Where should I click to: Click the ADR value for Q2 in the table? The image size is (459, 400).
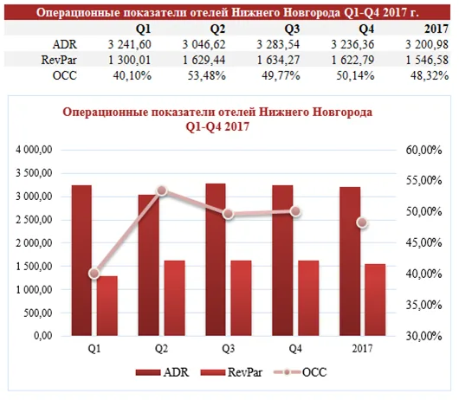(x=204, y=44)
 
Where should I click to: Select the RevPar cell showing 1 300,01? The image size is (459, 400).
(x=129, y=60)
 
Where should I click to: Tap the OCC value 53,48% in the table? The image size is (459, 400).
(x=207, y=75)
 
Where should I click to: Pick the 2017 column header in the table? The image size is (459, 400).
(x=436, y=29)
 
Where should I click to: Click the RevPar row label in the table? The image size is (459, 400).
(x=59, y=60)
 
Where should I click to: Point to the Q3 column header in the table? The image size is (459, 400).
(x=293, y=29)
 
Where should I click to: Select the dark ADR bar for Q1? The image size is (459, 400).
(x=81, y=260)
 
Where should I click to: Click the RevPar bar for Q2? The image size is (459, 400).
(x=174, y=298)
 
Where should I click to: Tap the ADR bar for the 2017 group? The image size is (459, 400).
(x=350, y=261)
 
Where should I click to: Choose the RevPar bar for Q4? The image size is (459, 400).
(x=308, y=298)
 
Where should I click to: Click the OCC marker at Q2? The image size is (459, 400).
(x=162, y=190)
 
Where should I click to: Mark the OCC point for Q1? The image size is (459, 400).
(x=94, y=274)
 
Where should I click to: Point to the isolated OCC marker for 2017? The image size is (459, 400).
(x=362, y=223)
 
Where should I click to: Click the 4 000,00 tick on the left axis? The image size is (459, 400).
(x=34, y=150)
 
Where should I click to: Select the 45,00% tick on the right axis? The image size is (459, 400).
(x=423, y=242)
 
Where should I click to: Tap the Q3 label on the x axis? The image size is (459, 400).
(x=228, y=349)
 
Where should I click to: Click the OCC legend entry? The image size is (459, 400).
(x=300, y=372)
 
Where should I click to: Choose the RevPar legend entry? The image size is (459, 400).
(x=231, y=372)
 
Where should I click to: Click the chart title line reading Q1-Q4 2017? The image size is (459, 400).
(x=217, y=126)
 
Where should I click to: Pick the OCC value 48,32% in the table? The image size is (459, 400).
(x=430, y=75)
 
